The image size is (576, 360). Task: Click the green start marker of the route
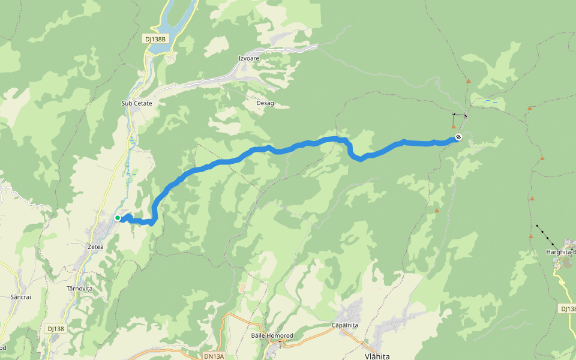click(x=118, y=218)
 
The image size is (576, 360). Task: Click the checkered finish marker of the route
click(x=458, y=137)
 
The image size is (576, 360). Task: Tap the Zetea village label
click(x=95, y=247)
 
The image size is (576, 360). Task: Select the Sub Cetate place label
click(x=137, y=103)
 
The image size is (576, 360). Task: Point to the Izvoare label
click(x=249, y=58)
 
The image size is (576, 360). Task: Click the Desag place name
click(x=265, y=103)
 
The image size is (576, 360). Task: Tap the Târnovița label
click(x=79, y=289)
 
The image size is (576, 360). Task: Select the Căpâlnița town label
click(x=344, y=325)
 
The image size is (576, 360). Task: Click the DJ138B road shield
click(x=154, y=39)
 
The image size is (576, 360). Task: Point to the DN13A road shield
click(x=214, y=356)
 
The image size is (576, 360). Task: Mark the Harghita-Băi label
click(x=560, y=251)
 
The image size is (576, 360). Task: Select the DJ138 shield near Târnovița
click(x=55, y=329)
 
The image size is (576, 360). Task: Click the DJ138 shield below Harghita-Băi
click(x=568, y=308)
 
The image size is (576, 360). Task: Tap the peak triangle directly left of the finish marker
click(x=453, y=126)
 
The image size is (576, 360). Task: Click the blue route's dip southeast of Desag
click(x=360, y=159)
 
